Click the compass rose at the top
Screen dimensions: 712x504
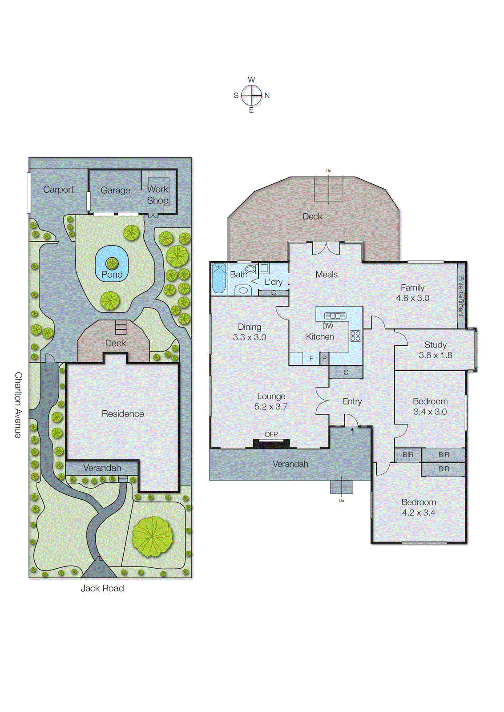[x=251, y=95]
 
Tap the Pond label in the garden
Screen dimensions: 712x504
[x=112, y=275]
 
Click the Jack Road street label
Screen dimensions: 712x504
[x=102, y=588]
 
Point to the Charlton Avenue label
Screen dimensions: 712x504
[x=18, y=405]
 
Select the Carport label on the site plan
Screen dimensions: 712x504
[x=58, y=190]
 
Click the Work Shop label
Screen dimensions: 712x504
[x=158, y=195]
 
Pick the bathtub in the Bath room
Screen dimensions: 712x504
[x=218, y=278]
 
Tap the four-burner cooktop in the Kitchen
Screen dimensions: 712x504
[x=355, y=336]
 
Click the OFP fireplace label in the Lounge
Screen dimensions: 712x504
[x=271, y=434]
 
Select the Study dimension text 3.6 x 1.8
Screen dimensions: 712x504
[x=435, y=355]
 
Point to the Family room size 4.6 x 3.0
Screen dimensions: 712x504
[x=412, y=298]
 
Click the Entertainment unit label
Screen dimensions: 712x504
[x=461, y=296]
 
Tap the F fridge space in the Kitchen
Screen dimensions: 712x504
[x=311, y=358]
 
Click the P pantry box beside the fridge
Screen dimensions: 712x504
[x=324, y=358]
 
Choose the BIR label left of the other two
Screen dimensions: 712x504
[x=408, y=455]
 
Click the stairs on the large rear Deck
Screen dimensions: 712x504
[x=329, y=189]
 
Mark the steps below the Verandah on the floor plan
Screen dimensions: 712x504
[x=341, y=487]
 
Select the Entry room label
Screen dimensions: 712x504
[x=352, y=401]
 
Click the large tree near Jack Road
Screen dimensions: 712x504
[x=153, y=536]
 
